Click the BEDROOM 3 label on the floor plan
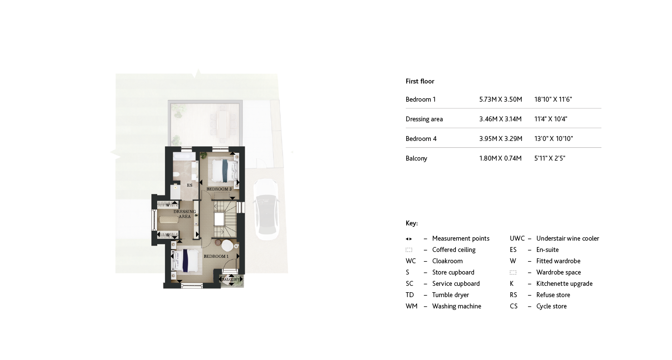point(219,189)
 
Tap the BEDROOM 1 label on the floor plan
point(216,256)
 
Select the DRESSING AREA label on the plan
point(185,214)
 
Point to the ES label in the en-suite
point(190,185)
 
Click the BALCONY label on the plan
point(230,279)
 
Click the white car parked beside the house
point(266,210)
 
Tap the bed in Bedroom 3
point(224,170)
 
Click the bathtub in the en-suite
point(182,157)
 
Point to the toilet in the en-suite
point(176,175)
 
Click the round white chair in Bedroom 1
point(227,245)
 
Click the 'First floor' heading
point(420,82)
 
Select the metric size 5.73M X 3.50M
point(501,100)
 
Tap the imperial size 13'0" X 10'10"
point(554,139)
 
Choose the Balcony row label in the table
point(417,159)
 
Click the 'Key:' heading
point(412,223)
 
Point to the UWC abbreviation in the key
point(517,239)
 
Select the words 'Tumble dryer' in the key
point(450,295)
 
